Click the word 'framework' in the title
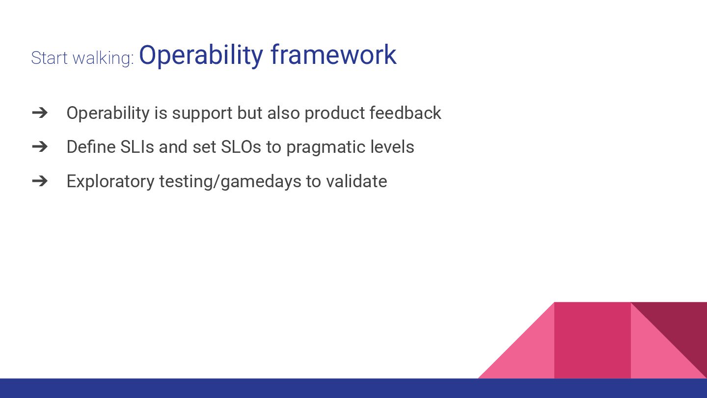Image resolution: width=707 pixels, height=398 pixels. pyautogui.click(x=334, y=55)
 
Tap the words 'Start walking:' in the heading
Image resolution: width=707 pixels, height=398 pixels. pyautogui.click(x=82, y=58)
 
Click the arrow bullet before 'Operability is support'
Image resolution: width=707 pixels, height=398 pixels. pyautogui.click(x=40, y=113)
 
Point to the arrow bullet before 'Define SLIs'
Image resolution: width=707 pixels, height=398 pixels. pyautogui.click(x=40, y=147)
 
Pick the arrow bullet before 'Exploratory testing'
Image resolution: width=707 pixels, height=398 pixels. pyautogui.click(x=40, y=181)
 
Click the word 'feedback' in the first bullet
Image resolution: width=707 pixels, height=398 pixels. pyautogui.click(x=405, y=113)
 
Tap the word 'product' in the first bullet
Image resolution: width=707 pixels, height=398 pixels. pyautogui.click(x=334, y=114)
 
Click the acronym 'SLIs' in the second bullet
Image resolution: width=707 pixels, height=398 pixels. pyautogui.click(x=137, y=147)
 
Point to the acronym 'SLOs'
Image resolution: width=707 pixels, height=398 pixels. pyautogui.click(x=241, y=147)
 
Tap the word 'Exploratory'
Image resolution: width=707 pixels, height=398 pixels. pyautogui.click(x=110, y=182)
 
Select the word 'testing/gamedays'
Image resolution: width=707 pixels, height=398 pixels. pyautogui.click(x=230, y=182)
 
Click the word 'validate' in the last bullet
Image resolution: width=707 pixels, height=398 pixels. pyautogui.click(x=356, y=181)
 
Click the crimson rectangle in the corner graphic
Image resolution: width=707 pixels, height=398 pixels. pyautogui.click(x=593, y=340)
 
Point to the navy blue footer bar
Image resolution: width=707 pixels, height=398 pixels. pyautogui.click(x=353, y=388)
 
